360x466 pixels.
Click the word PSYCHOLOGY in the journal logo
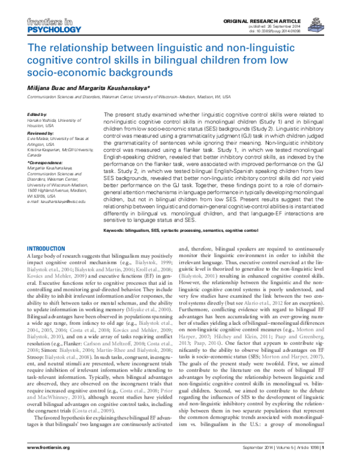click(x=38, y=28)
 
